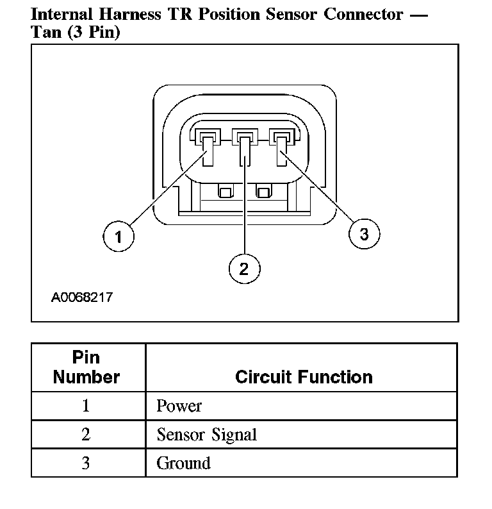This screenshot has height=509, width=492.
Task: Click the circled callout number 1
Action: pyautogui.click(x=118, y=237)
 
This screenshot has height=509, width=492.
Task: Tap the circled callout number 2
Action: pyautogui.click(x=244, y=269)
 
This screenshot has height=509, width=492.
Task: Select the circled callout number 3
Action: pyautogui.click(x=364, y=234)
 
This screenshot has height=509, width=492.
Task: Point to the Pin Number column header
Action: pyautogui.click(x=86, y=367)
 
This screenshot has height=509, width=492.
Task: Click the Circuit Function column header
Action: pyautogui.click(x=304, y=376)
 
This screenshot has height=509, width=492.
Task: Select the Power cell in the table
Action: pyautogui.click(x=179, y=406)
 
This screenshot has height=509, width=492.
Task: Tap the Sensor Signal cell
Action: pyautogui.click(x=206, y=435)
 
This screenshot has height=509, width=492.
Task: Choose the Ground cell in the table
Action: pyautogui.click(x=183, y=463)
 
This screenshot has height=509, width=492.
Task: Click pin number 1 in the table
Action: pyautogui.click(x=86, y=406)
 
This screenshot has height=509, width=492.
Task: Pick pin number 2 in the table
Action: pyautogui.click(x=86, y=435)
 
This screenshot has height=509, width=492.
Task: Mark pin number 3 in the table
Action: pyautogui.click(x=86, y=463)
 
